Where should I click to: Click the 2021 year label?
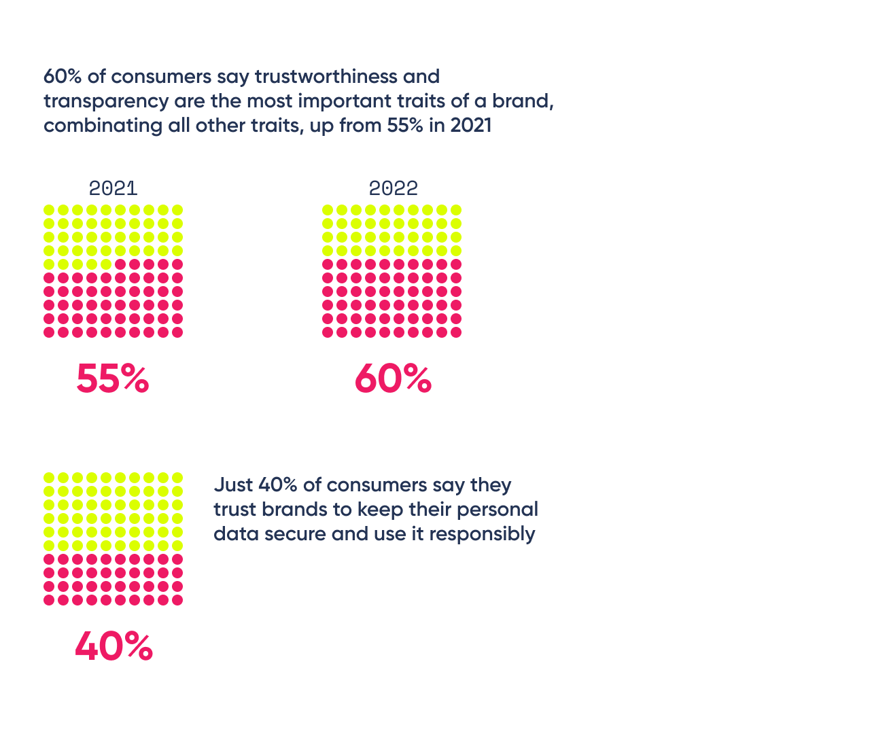113,188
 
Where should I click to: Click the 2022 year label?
393,188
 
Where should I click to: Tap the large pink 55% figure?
113,379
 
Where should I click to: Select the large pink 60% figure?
393,379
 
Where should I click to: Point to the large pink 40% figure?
114,646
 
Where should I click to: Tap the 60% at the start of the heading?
63,76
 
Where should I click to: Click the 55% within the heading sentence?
405,126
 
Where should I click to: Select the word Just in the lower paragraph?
234,485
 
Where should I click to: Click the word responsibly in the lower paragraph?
482,534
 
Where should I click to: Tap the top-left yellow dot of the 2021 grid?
49,210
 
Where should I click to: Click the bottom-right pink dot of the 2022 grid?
456,332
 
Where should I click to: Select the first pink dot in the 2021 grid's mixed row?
120,264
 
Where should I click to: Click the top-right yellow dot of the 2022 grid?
456,210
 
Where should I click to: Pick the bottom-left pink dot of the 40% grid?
49,600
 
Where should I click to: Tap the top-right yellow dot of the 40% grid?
177,478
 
